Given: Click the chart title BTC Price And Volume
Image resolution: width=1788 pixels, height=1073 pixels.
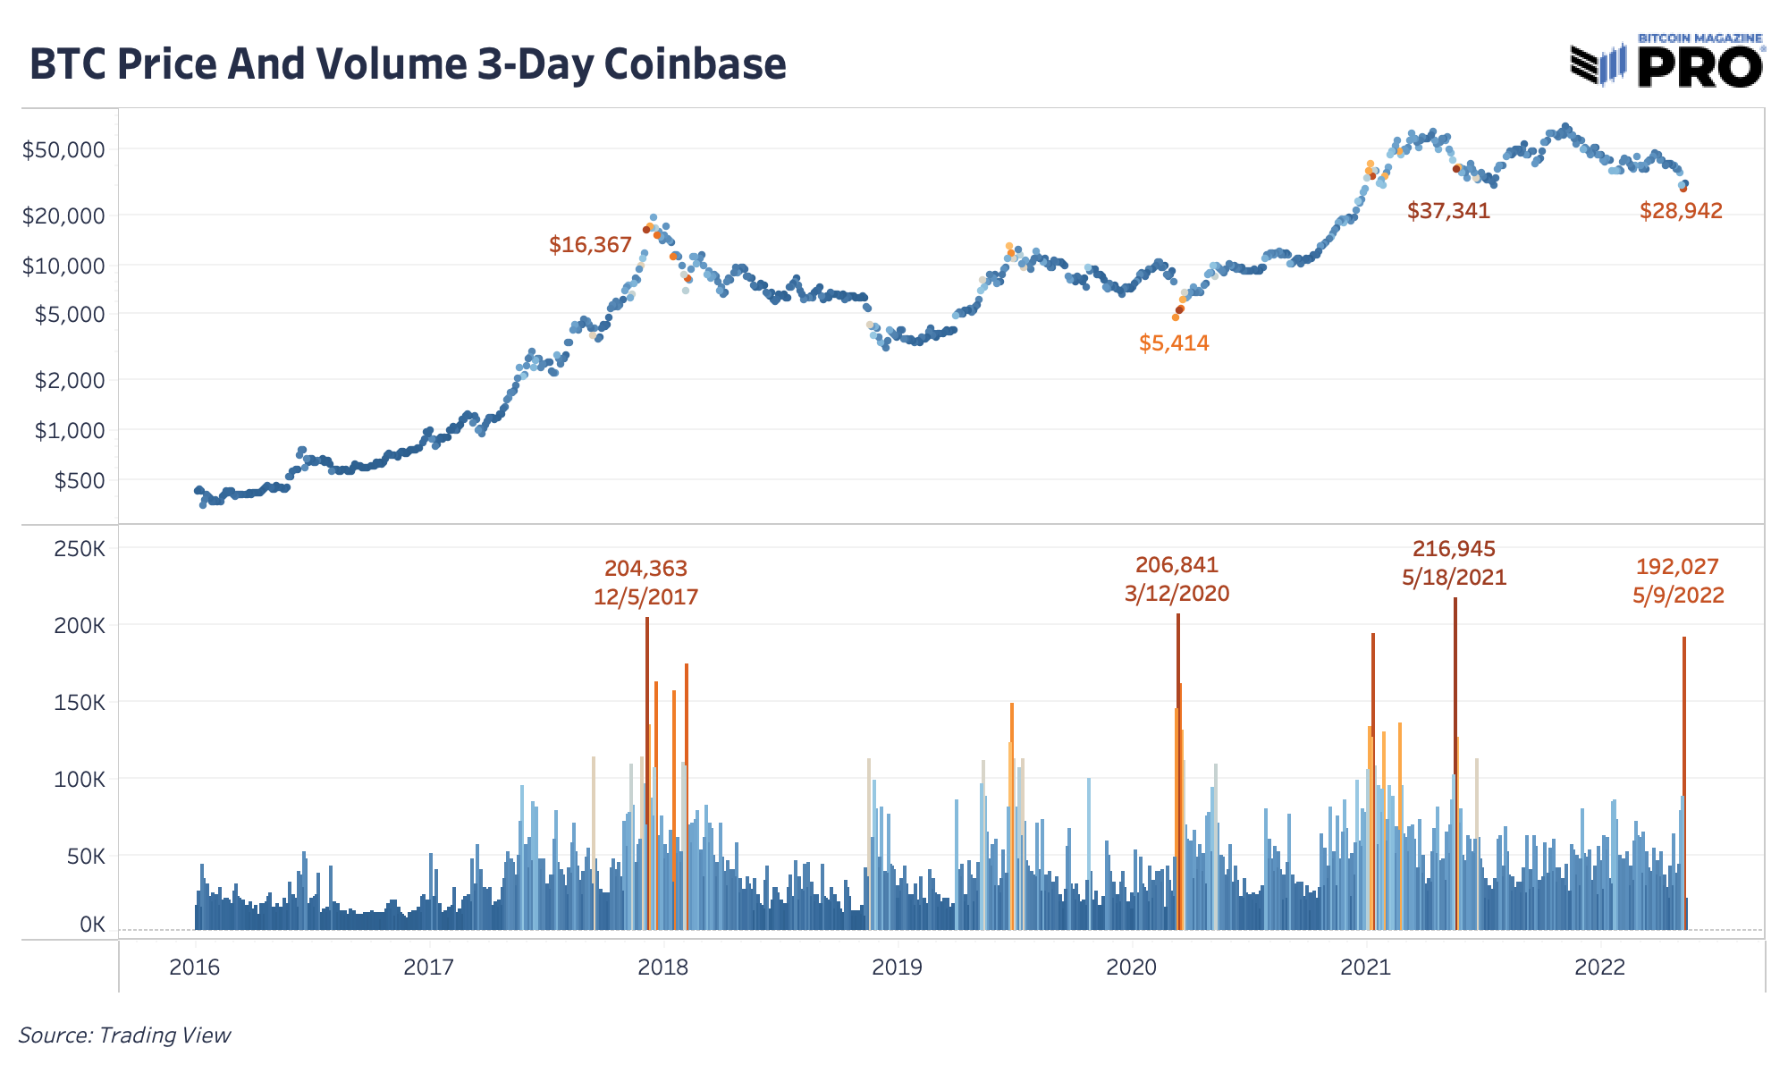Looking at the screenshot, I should (408, 64).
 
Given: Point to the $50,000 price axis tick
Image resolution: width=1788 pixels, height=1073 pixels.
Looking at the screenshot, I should (63, 149).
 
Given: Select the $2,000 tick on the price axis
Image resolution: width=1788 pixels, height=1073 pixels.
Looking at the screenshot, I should (69, 381).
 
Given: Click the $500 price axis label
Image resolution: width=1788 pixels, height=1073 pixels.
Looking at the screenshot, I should (80, 481).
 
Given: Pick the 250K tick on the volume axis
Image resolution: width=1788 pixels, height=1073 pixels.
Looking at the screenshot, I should (80, 548).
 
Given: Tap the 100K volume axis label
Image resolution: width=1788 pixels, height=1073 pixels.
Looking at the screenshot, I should (80, 780).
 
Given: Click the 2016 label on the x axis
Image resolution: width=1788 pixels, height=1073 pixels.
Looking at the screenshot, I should (195, 967).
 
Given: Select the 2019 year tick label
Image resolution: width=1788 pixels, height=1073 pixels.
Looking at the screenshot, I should (898, 967).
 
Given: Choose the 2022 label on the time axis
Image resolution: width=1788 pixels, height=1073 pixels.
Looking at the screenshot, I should (1600, 967).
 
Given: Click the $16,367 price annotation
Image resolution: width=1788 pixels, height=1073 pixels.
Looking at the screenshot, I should (590, 245).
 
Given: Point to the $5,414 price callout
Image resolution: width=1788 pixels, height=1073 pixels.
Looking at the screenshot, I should (1174, 343).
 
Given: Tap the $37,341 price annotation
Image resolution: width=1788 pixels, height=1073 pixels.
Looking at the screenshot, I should (1448, 211).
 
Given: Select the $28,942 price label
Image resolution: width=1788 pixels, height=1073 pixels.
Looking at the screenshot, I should (1681, 211).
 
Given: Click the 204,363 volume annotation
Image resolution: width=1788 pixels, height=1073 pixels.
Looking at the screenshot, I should (645, 569).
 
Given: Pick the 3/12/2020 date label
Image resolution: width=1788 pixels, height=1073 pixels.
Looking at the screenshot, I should (1177, 594).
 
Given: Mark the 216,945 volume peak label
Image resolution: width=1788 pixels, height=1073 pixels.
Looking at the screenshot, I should (1454, 549).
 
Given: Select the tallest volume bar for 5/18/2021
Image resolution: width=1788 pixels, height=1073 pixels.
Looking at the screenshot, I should (1455, 760).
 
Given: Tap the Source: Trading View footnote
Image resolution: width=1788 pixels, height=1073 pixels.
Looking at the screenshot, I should (124, 1035).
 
